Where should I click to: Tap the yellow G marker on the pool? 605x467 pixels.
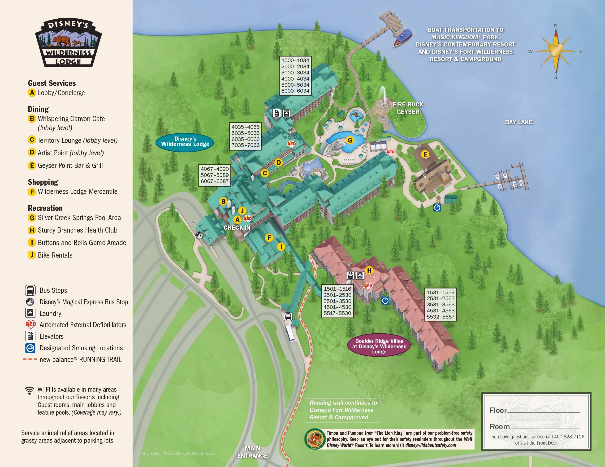click(350, 140)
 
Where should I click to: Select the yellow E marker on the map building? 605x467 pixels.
click(425, 154)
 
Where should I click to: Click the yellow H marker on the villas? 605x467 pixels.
click(369, 270)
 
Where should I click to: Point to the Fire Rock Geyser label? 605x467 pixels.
click(408, 108)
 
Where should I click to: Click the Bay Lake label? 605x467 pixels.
click(519, 122)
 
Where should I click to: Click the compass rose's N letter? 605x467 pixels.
click(555, 25)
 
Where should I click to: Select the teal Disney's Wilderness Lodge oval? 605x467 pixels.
click(185, 141)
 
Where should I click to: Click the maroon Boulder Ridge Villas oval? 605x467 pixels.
click(379, 346)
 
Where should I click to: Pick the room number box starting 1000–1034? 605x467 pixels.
click(295, 75)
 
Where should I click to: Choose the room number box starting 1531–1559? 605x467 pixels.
click(441, 305)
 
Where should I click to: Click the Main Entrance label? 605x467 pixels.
click(252, 452)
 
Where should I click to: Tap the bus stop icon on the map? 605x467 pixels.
click(288, 316)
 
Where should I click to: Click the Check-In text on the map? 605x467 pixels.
click(237, 228)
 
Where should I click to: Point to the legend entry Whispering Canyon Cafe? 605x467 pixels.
click(71, 119)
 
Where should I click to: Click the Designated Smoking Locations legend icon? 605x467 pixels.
click(30, 348)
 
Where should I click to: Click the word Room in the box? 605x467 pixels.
click(499, 427)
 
